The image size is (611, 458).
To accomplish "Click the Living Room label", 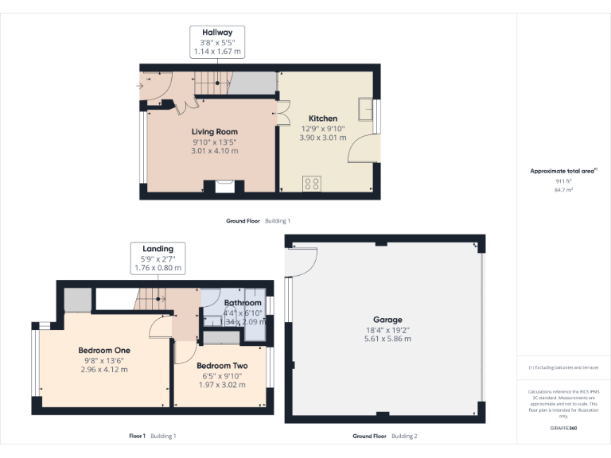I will pos(214,132).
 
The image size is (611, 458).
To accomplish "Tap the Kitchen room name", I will pos(323,118).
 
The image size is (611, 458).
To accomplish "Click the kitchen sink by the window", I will pos(367,108).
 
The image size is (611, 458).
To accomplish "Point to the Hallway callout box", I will pos(216,42).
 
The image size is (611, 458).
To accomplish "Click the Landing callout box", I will pos(158,258).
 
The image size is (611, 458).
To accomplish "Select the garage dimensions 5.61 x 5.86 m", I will pos(388,339).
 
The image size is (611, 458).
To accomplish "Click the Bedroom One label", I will pos(103,350).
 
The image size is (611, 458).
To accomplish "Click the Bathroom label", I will pos(243,303).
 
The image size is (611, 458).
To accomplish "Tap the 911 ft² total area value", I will pos(563,181).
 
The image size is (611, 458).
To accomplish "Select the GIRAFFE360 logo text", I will pos(562,429).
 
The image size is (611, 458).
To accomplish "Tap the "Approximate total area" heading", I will pos(562,171).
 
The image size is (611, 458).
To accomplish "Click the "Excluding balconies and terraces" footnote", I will pos(563,367).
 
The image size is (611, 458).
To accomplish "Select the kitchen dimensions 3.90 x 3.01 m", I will pos(323,138).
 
